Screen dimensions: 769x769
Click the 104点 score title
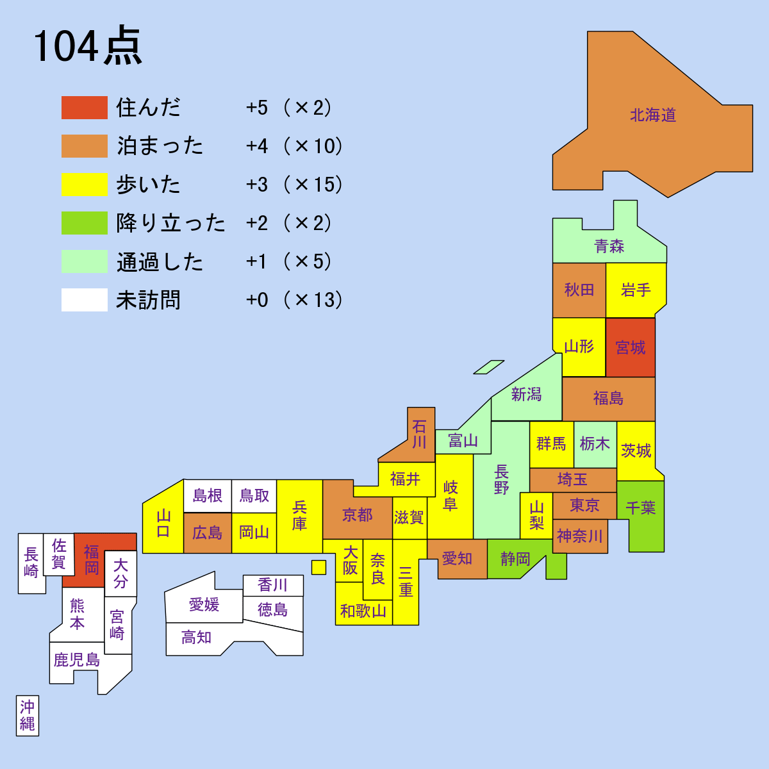87,47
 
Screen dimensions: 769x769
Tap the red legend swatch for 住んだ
84,108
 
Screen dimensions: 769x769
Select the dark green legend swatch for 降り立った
84,223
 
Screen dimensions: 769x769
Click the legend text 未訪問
148,300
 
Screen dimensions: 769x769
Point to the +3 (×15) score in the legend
294,185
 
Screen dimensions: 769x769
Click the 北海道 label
653,115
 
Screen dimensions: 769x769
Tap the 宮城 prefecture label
631,348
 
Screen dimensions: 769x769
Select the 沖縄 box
28,715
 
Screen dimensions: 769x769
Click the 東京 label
584,506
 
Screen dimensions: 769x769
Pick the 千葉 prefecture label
640,508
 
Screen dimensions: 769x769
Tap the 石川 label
419,434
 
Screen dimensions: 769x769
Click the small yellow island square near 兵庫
318,567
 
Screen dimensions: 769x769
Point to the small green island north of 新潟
489,367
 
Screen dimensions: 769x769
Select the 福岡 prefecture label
92,559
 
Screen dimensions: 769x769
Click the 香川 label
273,585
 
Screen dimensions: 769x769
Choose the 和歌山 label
363,611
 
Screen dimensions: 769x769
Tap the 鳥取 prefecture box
254,496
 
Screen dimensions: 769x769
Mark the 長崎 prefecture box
31,563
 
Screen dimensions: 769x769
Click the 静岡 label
515,559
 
